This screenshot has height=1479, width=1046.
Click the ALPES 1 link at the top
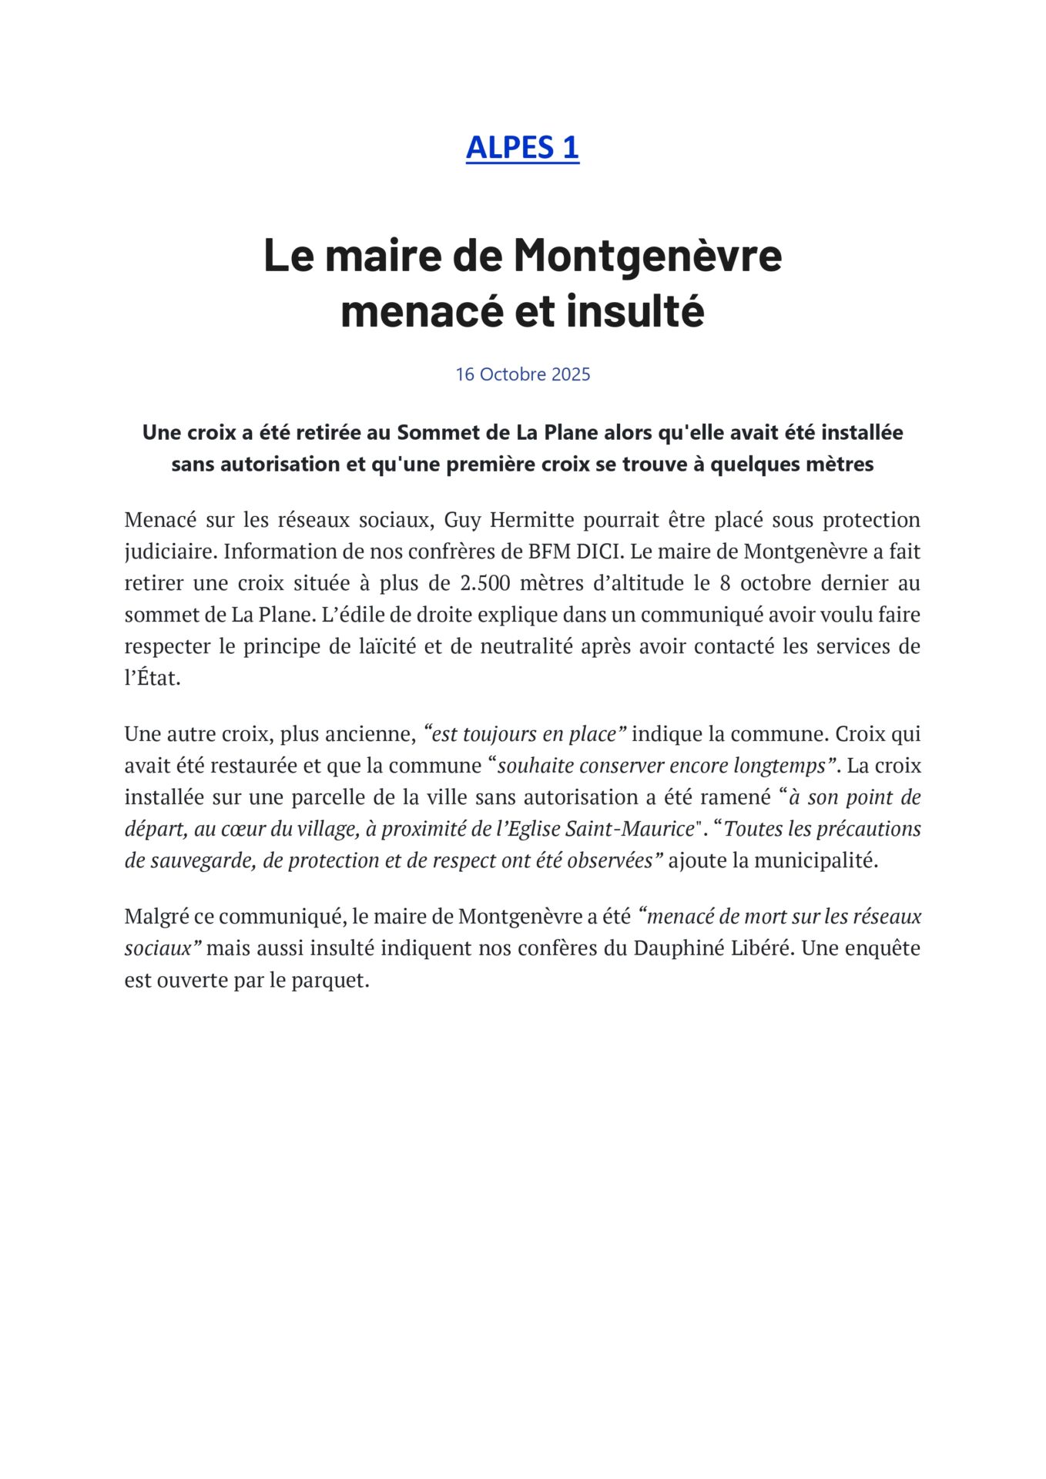[x=522, y=147]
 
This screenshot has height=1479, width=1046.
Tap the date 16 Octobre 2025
[x=522, y=374]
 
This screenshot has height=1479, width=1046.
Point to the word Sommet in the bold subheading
[x=430, y=433]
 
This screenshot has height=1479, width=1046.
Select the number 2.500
[x=484, y=583]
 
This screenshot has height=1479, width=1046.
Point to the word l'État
[x=153, y=678]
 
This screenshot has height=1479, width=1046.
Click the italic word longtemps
[x=786, y=766]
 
